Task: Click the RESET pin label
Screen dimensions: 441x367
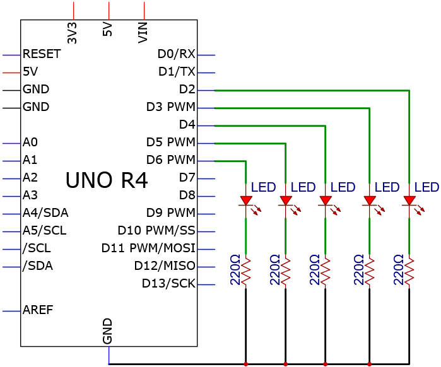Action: point(42,54)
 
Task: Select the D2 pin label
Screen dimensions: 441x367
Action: point(187,89)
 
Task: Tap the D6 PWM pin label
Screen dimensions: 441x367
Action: point(171,160)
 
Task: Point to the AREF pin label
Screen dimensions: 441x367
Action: point(38,310)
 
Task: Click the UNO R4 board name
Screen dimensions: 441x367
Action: point(107,180)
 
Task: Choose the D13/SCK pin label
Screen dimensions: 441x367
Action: point(168,283)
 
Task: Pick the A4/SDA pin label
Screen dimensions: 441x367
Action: point(45,213)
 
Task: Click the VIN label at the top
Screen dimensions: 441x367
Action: point(143,33)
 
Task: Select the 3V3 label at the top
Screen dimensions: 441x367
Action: point(73,33)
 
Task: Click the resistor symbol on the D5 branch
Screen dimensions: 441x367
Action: point(286,271)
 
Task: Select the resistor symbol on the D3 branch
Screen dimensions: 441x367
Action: point(370,271)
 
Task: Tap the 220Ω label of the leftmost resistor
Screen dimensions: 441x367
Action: point(235,270)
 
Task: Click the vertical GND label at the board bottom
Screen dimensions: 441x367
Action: point(107,331)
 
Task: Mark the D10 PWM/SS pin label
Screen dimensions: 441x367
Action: point(156,230)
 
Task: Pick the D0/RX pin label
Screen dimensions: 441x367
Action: point(177,54)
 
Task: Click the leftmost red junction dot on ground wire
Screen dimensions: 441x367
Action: point(246,364)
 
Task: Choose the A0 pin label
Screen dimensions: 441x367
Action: point(30,142)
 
